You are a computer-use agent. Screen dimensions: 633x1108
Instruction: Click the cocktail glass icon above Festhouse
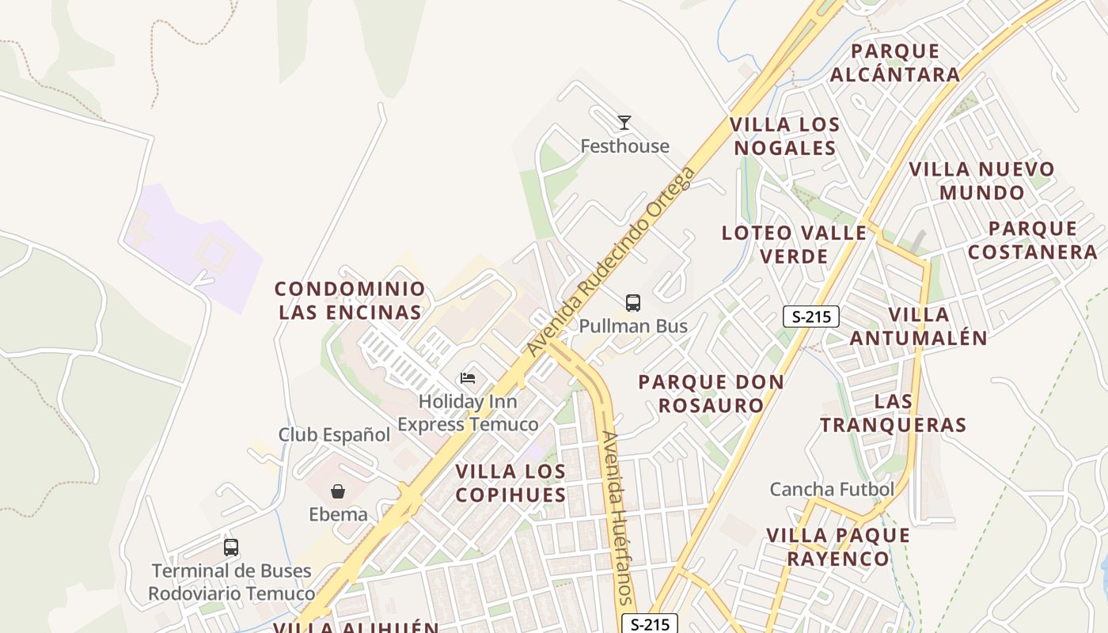click(624, 123)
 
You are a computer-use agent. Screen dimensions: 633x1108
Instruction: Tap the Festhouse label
click(624, 146)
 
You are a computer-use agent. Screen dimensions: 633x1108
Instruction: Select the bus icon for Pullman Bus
click(633, 302)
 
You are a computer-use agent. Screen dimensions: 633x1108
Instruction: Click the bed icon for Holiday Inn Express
click(468, 378)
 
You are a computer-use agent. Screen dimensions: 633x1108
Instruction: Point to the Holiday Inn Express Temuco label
click(468, 413)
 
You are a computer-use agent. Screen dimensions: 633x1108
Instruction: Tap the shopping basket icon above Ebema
click(338, 491)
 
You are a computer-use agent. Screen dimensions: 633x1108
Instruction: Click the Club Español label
click(334, 434)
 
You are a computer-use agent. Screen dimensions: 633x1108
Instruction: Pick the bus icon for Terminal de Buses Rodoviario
click(231, 547)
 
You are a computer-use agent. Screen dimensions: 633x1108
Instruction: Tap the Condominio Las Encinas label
click(350, 300)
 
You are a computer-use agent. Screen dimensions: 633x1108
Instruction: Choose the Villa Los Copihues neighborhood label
click(511, 483)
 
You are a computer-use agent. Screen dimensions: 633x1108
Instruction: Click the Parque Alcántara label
click(895, 63)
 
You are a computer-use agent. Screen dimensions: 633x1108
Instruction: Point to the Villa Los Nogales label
click(784, 136)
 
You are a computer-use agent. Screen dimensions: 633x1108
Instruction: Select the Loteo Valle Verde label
click(794, 244)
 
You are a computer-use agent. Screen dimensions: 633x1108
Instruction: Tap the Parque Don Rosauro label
click(711, 393)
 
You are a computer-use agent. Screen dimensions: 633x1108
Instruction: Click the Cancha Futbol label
click(832, 489)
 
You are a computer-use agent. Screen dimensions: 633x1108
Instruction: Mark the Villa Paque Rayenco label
click(838, 547)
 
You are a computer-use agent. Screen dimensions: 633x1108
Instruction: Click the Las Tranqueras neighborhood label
click(894, 413)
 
